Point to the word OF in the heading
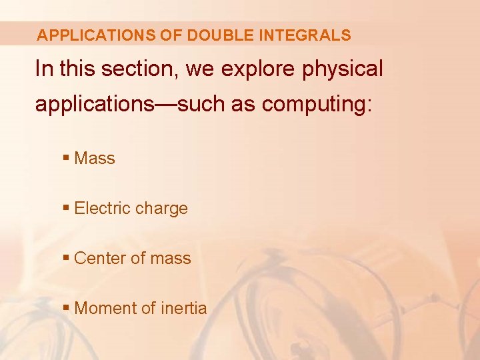coord(170,35)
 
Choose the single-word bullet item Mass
coord(95,159)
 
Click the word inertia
coord(183,309)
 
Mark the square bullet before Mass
coord(65,159)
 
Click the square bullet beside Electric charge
coord(65,209)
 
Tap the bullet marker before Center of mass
coord(65,259)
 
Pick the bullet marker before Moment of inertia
coord(65,309)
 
